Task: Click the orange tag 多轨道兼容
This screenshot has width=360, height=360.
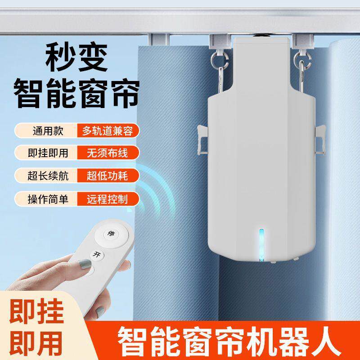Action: point(108,130)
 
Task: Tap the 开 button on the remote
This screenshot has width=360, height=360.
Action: point(96,255)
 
